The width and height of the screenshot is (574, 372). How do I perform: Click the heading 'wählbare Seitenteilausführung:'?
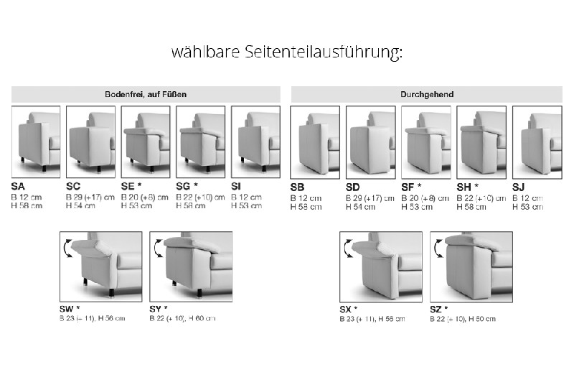tap(287, 53)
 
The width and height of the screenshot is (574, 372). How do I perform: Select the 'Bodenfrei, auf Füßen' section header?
tap(146, 94)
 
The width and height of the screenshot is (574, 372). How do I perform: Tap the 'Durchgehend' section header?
tap(426, 94)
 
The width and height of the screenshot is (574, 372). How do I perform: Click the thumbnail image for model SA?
tap(36, 141)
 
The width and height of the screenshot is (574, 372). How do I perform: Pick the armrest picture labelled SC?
tap(90, 141)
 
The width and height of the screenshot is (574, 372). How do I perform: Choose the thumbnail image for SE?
tap(146, 141)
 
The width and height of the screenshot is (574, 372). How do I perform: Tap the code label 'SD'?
tap(354, 187)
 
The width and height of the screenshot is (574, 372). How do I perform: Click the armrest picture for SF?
tap(426, 141)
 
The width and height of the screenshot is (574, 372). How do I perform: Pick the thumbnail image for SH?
tap(481, 141)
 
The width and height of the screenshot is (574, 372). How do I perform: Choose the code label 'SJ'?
tap(519, 187)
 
